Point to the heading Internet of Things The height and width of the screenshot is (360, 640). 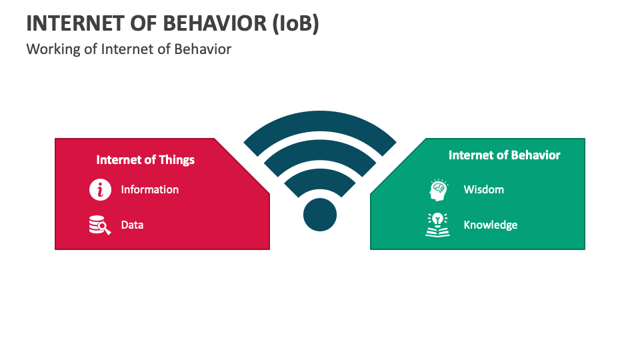[x=145, y=159]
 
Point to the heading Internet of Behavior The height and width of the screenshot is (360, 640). [x=504, y=155]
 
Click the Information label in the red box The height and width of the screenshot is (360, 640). [x=149, y=189]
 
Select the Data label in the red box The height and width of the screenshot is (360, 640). [x=132, y=225]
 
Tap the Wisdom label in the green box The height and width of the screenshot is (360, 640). [x=483, y=189]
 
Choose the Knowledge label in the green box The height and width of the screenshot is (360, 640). [x=490, y=225]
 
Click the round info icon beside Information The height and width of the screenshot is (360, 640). [x=100, y=189]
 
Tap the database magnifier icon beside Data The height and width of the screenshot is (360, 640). [x=100, y=225]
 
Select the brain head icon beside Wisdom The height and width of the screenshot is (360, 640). [x=437, y=190]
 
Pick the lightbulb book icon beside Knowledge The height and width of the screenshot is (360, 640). [x=437, y=225]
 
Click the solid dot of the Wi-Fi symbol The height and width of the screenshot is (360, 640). [x=320, y=215]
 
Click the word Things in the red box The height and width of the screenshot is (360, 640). [x=177, y=159]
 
